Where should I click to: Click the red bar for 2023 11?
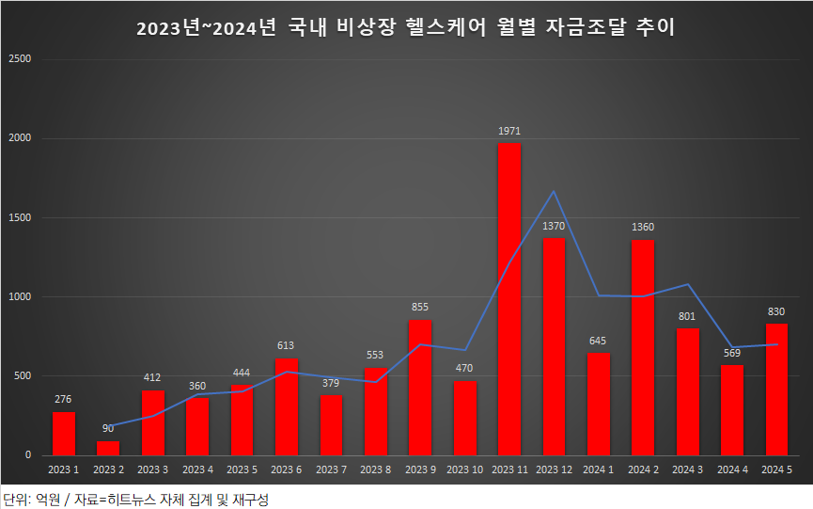(x=508, y=299)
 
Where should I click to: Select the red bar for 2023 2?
(x=108, y=448)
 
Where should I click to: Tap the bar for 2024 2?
(x=643, y=348)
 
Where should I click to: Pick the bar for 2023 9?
(x=420, y=388)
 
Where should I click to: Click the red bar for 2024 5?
(x=776, y=390)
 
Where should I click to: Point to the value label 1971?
(x=509, y=131)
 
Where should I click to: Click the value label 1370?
(x=554, y=227)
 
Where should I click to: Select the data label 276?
(x=64, y=400)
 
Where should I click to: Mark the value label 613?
(x=286, y=345)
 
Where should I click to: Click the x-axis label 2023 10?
(x=464, y=469)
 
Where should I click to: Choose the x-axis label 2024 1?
(x=598, y=469)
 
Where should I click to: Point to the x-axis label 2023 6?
(x=286, y=469)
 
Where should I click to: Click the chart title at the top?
(x=406, y=28)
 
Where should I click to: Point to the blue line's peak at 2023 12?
(x=554, y=192)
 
